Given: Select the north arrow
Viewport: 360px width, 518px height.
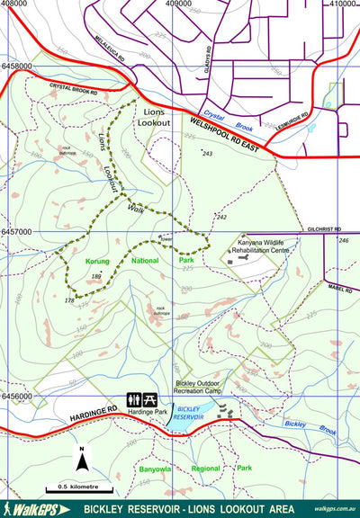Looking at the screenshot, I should click(81, 461).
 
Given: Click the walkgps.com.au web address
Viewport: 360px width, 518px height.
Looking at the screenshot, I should click(336, 508).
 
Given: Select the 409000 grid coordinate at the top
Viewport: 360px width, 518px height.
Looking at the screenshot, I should click(184, 4).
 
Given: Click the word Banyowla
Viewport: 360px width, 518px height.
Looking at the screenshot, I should click(158, 468).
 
